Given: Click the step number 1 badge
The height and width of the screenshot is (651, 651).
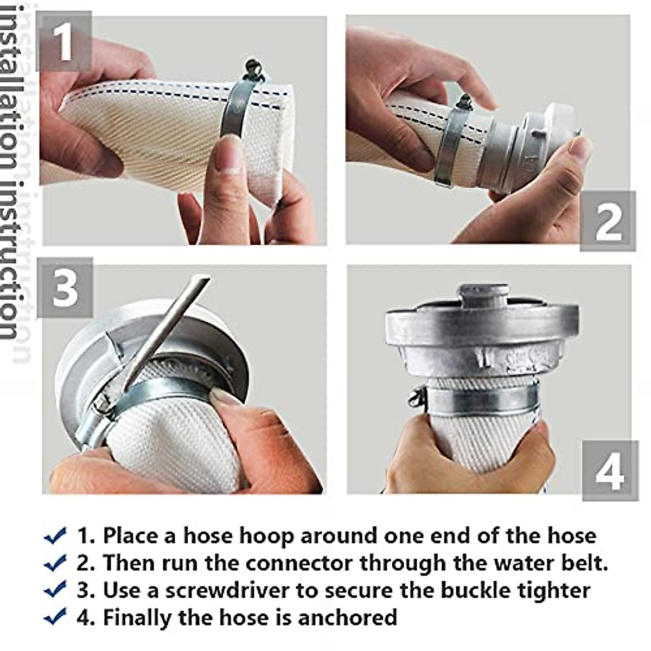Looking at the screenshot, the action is [64, 41].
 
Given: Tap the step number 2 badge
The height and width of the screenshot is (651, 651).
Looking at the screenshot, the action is [608, 221].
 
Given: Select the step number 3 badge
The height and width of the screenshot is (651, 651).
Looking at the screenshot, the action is [65, 288].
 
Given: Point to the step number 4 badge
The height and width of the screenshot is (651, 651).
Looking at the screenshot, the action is [610, 470].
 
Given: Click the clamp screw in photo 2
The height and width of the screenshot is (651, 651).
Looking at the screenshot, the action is [465, 103].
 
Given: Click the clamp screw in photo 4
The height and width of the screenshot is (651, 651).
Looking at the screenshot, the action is [417, 396].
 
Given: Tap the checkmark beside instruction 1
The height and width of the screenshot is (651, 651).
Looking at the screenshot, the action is [55, 535].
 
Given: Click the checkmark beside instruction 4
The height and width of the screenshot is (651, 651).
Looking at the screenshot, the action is [55, 616].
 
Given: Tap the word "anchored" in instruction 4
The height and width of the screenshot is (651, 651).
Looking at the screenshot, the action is [348, 617].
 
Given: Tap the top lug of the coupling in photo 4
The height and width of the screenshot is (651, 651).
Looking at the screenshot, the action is [483, 296].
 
